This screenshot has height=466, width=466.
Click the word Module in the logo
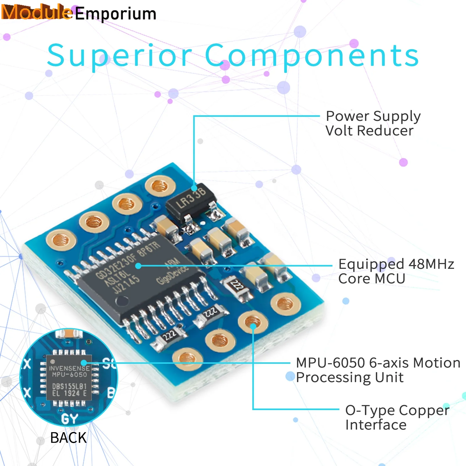click(36, 12)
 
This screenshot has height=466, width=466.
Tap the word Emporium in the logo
click(116, 14)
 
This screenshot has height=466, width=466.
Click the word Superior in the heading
click(119, 55)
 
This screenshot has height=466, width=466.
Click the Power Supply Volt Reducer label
click(373, 123)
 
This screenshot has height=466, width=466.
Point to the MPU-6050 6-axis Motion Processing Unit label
click(378, 370)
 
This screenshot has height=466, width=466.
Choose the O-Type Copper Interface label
click(397, 417)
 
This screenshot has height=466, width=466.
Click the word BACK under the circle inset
click(68, 437)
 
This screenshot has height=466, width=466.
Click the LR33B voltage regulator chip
click(191, 201)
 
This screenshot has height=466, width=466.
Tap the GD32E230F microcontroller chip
click(140, 277)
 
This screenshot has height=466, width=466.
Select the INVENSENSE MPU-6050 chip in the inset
click(69, 377)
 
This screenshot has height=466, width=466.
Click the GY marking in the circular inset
click(70, 419)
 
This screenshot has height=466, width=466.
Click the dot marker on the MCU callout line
click(138, 266)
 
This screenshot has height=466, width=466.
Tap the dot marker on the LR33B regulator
click(194, 188)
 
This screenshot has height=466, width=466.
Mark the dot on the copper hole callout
click(253, 326)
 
